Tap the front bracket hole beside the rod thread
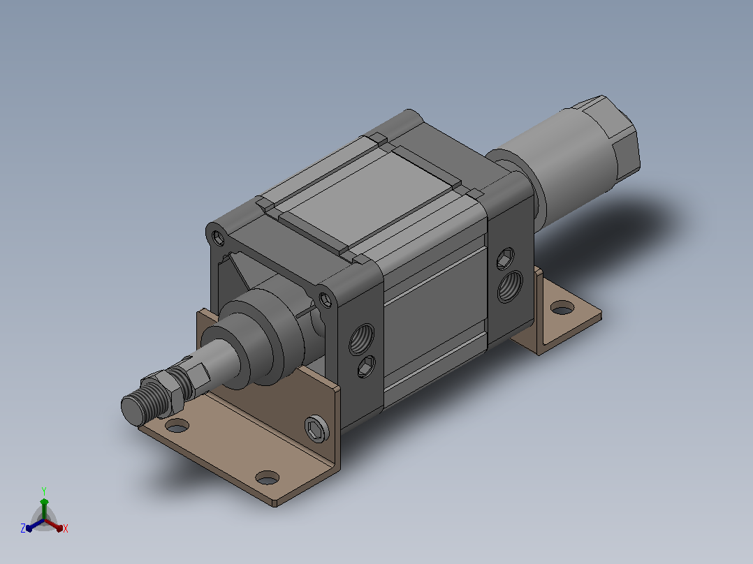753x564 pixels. (x=177, y=425)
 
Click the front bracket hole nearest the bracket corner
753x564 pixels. (x=268, y=478)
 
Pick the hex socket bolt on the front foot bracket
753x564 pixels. (x=317, y=428)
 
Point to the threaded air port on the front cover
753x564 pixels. (x=362, y=339)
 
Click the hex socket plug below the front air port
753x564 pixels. (x=367, y=366)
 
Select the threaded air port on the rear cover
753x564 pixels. (x=510, y=287)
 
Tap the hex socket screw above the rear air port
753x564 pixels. (x=505, y=259)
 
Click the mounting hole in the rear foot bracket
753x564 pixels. (x=562, y=308)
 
